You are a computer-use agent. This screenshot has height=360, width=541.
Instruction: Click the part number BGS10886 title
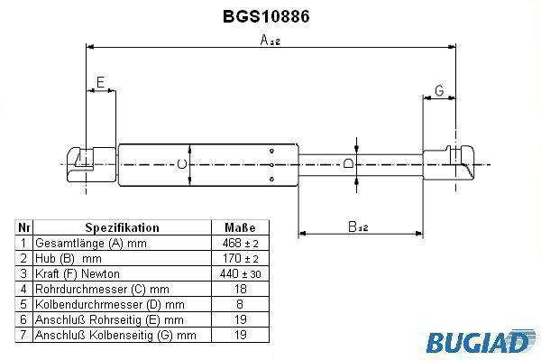[x=266, y=16]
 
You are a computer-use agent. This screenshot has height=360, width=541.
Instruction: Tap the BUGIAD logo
[x=481, y=342]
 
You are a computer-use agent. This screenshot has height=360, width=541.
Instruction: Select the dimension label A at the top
[x=270, y=40]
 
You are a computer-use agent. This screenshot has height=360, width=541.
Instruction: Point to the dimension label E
[x=100, y=82]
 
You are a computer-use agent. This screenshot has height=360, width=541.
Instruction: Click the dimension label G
[x=439, y=90]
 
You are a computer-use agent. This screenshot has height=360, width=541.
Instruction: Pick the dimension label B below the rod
[x=358, y=226]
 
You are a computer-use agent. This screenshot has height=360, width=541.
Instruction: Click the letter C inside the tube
[x=182, y=163]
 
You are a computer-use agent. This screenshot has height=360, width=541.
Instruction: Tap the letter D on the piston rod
[x=348, y=162]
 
